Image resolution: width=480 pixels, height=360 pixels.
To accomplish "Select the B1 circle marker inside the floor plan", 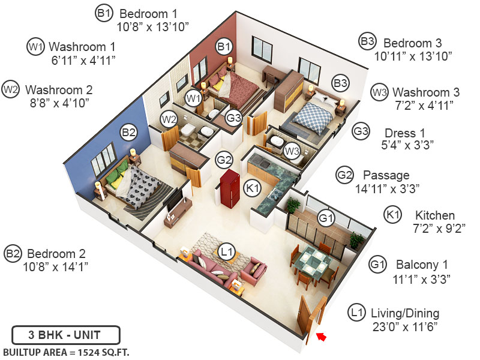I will click(224, 46).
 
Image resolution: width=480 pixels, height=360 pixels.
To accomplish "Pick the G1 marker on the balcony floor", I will click(325, 219).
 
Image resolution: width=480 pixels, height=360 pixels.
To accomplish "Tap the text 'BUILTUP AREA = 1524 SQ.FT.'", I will click(67, 352).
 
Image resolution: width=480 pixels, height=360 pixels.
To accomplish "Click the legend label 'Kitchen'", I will click(435, 215).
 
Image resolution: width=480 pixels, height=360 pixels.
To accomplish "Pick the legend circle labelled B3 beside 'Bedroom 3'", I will click(367, 42).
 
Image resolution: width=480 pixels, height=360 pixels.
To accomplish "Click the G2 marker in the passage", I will click(224, 161).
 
